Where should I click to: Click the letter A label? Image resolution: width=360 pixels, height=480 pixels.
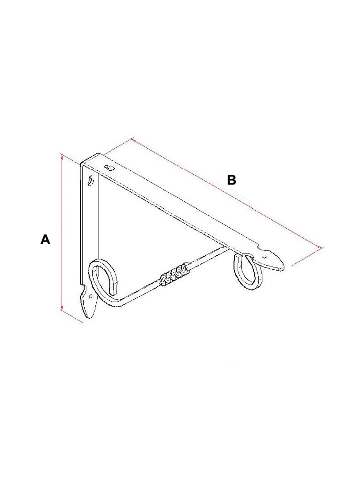tap(45, 239)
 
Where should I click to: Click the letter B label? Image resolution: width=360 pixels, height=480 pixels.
tap(232, 180)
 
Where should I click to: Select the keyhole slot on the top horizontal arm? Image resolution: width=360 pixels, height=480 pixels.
tap(109, 168)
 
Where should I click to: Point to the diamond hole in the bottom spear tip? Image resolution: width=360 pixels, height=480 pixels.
tap(91, 296)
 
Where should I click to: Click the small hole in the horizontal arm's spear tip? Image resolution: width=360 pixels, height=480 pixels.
tap(265, 257)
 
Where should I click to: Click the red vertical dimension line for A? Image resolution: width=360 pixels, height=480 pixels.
tap(62, 232)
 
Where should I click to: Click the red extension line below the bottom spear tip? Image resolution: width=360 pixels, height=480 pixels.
tap(71, 316)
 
